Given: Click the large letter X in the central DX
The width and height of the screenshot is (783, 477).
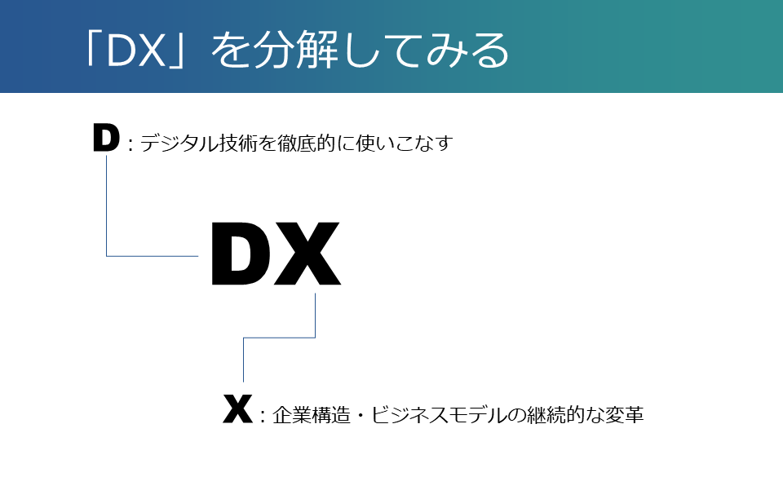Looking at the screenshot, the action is (x=306, y=254).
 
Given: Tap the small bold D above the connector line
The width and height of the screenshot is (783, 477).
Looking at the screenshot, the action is (x=106, y=138).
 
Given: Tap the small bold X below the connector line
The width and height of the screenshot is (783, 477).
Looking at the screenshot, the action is (x=237, y=409).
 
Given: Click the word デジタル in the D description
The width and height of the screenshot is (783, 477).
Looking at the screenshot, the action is (x=179, y=144).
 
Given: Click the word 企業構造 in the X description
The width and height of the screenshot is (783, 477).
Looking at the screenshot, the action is (x=312, y=415).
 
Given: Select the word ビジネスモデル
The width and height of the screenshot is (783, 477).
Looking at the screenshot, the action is (x=440, y=415).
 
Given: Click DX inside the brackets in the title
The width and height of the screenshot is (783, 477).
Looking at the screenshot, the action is (x=136, y=51).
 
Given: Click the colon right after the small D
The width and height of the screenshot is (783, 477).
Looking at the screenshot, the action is (x=130, y=144).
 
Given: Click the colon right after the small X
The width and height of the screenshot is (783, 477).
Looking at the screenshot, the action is (x=263, y=416).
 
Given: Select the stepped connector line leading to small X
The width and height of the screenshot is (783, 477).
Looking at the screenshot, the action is (x=280, y=338).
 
